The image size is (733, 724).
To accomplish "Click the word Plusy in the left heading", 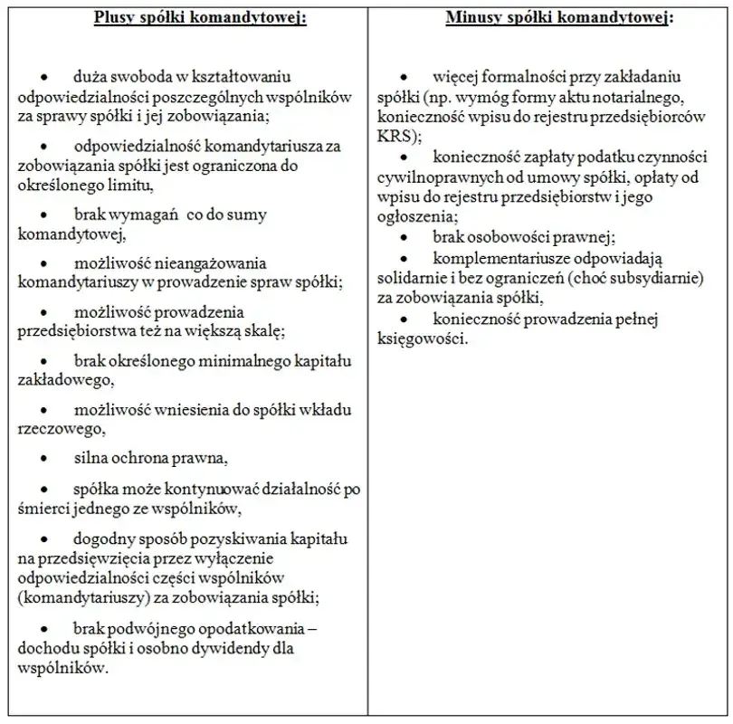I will click(x=114, y=18).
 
